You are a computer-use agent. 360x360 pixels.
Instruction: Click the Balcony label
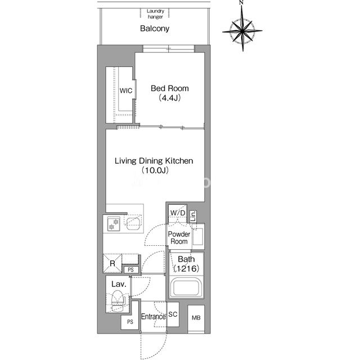[x=155, y=29]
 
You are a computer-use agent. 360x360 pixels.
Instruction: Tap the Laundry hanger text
[x=155, y=13]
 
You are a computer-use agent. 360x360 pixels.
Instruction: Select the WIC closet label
[x=126, y=91]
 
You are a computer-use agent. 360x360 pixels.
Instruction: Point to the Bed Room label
[x=170, y=88]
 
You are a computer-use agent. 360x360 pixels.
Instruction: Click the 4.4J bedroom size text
[x=170, y=98]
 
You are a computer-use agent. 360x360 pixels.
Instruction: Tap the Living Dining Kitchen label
[x=154, y=161]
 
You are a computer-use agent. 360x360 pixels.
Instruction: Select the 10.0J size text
[x=155, y=170]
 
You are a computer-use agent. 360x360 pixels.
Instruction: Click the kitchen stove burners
[x=114, y=224]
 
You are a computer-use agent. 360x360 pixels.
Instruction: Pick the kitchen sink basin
[x=134, y=224]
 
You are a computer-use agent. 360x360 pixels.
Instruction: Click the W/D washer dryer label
[x=178, y=213]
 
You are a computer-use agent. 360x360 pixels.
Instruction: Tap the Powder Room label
[x=179, y=237]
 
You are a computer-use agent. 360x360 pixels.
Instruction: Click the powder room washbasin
[x=198, y=236]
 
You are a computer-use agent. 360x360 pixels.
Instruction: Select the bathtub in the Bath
[x=186, y=287]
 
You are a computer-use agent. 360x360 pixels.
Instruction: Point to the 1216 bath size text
[x=186, y=268]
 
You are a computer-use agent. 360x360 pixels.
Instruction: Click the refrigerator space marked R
[x=112, y=263]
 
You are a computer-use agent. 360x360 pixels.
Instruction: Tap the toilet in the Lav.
[x=117, y=300]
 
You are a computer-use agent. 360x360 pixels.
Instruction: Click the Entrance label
[x=154, y=317]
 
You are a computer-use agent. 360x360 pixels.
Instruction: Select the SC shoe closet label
[x=173, y=314]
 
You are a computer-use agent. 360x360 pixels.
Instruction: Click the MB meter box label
[x=196, y=318]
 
